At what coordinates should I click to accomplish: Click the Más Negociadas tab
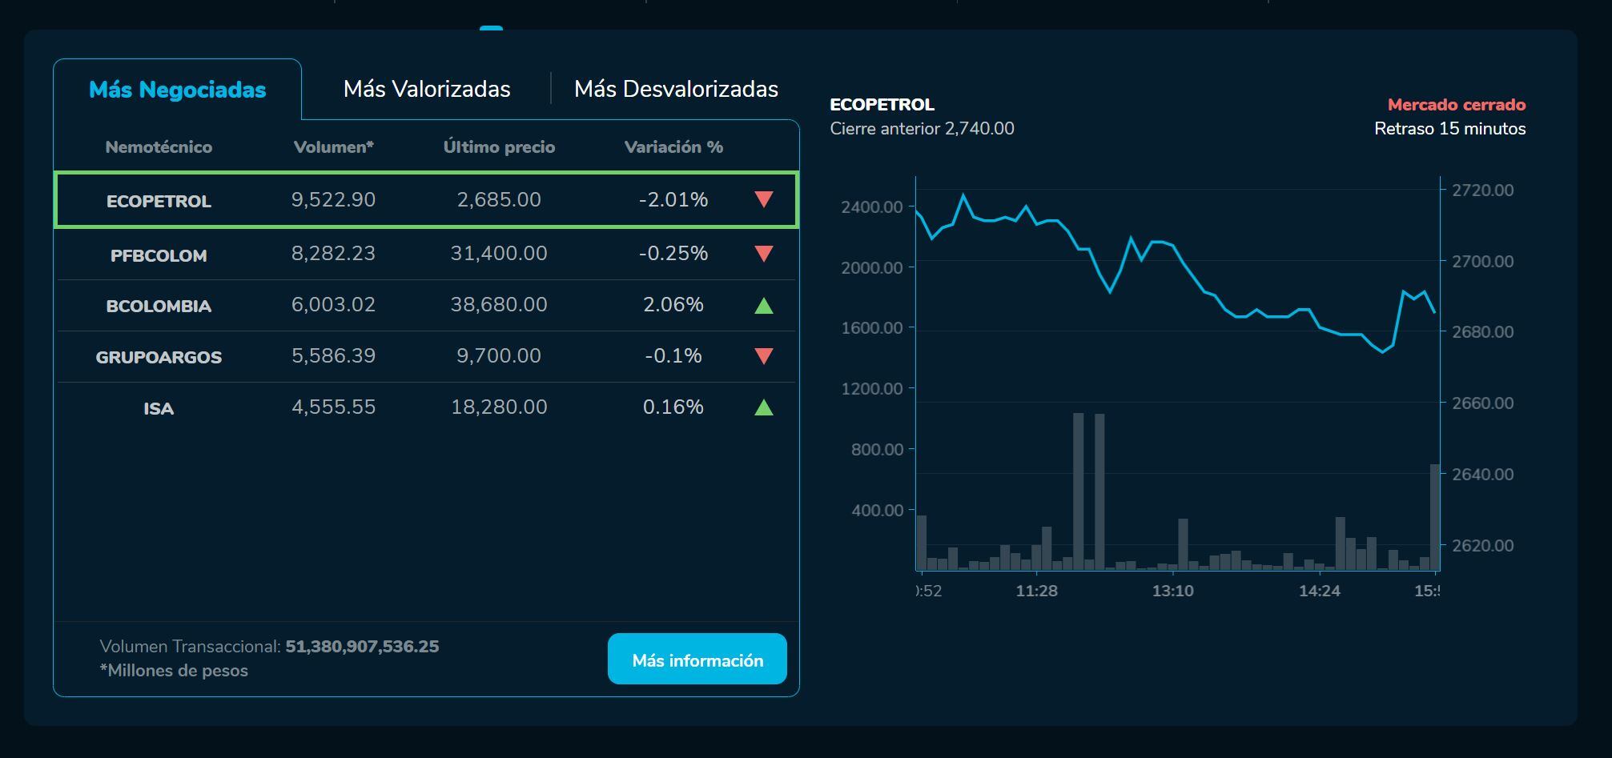tap(177, 90)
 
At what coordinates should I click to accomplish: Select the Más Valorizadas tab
tap(427, 89)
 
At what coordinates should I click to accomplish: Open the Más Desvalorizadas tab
tap(676, 89)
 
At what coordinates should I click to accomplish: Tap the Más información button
tap(697, 660)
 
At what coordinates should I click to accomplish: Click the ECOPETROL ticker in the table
tap(159, 201)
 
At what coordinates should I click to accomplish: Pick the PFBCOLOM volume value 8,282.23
tap(333, 254)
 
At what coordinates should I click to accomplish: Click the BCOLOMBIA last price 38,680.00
tap(499, 305)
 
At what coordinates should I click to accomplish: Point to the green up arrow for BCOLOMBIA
tap(764, 305)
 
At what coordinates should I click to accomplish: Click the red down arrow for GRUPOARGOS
tap(764, 356)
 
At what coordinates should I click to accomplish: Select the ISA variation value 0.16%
tap(673, 407)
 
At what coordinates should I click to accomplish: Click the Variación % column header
tap(673, 147)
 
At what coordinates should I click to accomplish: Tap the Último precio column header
tap(499, 147)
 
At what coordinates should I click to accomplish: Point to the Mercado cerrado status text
tap(1456, 105)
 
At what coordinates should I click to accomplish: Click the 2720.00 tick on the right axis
tap(1482, 191)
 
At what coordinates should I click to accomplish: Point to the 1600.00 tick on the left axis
tap(871, 328)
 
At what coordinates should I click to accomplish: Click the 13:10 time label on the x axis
tap(1172, 592)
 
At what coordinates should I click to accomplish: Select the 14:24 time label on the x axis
tap(1319, 592)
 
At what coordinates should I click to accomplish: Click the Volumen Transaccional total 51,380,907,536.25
tap(362, 647)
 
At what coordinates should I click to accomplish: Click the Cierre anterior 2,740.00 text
tap(922, 129)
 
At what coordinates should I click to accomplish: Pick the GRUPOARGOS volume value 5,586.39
tap(333, 356)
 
